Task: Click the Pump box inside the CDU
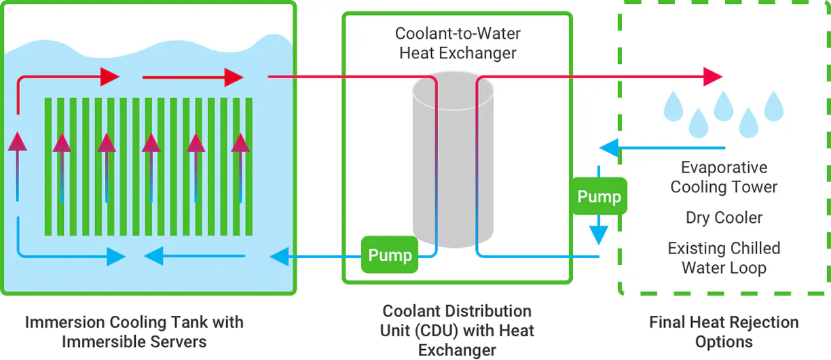click(390, 255)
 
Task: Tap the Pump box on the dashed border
click(599, 196)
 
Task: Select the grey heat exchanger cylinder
click(453, 160)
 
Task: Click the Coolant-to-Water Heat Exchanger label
click(458, 43)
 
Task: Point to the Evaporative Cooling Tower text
click(724, 177)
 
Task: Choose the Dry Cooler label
click(724, 217)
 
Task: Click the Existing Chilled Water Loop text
click(724, 258)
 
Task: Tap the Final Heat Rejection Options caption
click(724, 331)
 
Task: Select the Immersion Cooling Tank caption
click(134, 331)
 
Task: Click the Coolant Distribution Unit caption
click(457, 330)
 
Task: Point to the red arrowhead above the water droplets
click(713, 77)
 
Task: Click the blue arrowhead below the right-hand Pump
click(598, 235)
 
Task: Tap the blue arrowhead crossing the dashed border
click(609, 147)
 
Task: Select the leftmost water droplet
click(673, 107)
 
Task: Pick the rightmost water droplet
click(774, 107)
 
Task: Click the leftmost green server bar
click(48, 166)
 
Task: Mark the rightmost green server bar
click(249, 166)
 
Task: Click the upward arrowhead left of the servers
click(18, 141)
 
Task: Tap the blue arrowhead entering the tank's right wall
click(279, 257)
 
